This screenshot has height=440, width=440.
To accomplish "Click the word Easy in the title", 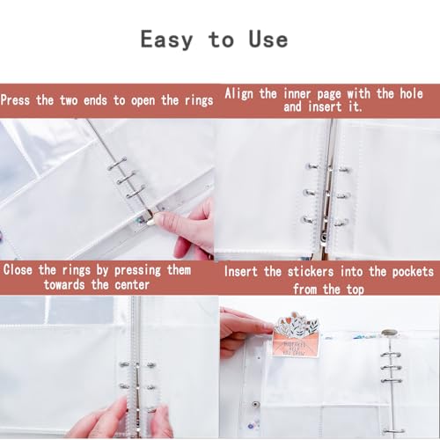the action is coord(166,40).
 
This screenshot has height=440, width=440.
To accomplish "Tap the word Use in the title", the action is coord(268,39).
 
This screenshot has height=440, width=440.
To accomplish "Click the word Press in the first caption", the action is coord(15,100).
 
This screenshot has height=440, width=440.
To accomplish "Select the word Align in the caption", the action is coord(238,94).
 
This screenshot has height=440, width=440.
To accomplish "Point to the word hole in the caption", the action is coord(411,93).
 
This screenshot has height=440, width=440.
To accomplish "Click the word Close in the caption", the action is coord(18,269).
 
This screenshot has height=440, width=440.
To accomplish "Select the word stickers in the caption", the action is coord(311,272).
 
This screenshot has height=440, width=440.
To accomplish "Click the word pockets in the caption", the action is coord(413,272).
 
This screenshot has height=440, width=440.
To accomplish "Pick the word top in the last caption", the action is coord(356,290).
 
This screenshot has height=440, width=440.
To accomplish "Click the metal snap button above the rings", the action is coord(389,333).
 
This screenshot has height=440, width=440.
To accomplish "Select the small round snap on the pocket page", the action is coord(256,405).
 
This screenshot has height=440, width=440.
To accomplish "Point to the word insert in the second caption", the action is coord(325,106).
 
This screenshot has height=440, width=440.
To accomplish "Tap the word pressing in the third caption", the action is coord(137,270).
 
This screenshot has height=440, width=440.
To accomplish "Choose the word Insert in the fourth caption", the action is coord(240,272).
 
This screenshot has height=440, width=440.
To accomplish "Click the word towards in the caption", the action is coord(64,285).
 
